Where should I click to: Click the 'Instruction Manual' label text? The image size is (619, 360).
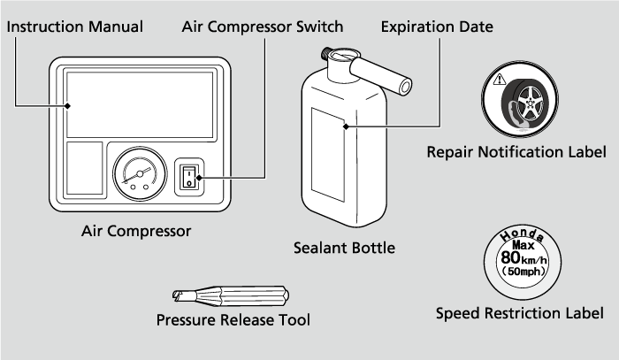pos(74,27)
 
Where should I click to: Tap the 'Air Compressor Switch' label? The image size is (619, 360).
pos(263,27)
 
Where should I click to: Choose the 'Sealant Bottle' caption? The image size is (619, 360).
pos(345,249)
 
